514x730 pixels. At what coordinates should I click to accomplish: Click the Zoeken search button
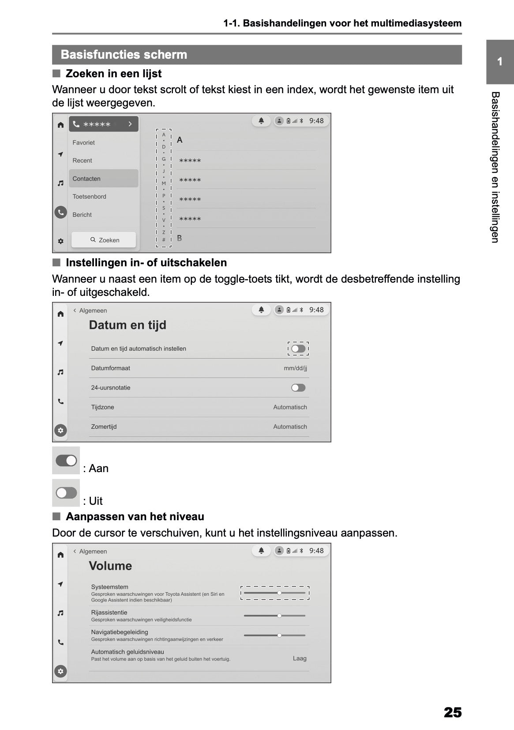[104, 240]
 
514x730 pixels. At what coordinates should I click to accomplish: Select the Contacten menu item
[86, 178]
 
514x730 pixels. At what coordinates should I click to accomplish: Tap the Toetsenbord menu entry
[89, 197]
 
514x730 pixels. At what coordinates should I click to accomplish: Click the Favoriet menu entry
[83, 143]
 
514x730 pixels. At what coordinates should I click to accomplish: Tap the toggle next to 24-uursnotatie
[298, 388]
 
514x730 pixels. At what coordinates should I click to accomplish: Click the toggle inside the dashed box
[298, 349]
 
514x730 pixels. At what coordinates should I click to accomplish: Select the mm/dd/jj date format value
[295, 368]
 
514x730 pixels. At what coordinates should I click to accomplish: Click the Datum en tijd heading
[128, 325]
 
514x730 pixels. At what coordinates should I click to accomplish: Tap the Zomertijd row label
[104, 427]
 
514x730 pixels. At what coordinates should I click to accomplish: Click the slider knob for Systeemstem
[279, 593]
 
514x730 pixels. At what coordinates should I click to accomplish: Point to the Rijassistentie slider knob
[279, 616]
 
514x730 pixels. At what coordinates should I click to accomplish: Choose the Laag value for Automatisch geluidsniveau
[300, 658]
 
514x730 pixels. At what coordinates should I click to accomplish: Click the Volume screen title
[110, 566]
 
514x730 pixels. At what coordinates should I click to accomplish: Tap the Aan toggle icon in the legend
[66, 461]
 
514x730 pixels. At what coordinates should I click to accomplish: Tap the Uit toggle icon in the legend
[66, 493]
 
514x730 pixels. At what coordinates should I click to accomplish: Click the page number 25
[453, 712]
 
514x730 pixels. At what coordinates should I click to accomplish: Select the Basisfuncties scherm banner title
[124, 55]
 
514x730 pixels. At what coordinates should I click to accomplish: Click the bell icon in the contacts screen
[261, 121]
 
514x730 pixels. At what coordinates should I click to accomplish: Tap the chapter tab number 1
[499, 62]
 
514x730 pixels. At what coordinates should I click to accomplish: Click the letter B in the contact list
[180, 238]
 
